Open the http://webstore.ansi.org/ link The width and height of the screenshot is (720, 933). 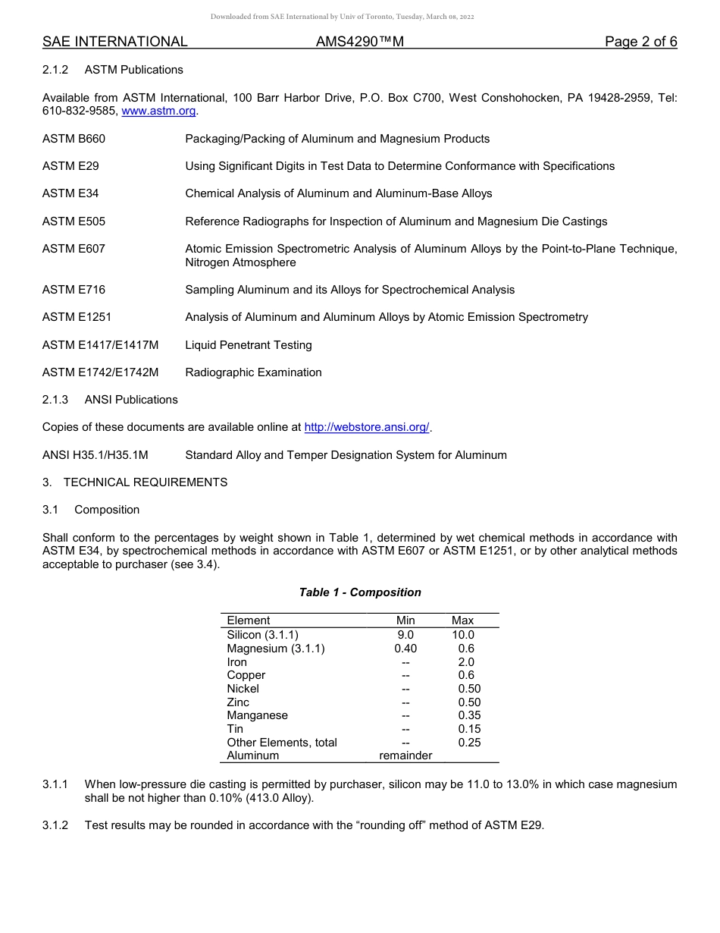point(367,427)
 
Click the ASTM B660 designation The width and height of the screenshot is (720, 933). point(74,139)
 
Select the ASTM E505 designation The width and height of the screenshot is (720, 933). point(74,221)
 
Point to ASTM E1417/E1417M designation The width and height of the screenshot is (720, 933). point(100,345)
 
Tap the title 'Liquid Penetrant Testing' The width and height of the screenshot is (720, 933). point(249,345)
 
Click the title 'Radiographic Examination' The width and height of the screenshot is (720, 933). point(253,372)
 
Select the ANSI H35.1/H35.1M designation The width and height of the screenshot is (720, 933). point(95,455)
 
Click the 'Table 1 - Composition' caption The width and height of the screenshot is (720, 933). point(360,592)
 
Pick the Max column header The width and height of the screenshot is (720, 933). point(462,620)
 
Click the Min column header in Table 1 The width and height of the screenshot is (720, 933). point(405,620)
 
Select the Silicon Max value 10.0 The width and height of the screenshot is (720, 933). point(462,635)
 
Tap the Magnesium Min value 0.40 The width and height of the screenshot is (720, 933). point(405,649)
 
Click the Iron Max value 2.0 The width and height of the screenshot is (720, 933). point(466,662)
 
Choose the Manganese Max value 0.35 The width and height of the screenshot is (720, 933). point(469,715)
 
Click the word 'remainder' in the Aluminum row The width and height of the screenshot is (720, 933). point(405,756)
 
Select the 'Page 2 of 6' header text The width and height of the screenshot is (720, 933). point(640,42)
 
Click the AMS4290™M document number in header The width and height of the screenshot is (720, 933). point(360,42)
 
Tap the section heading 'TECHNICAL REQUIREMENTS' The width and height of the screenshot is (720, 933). point(145,482)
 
